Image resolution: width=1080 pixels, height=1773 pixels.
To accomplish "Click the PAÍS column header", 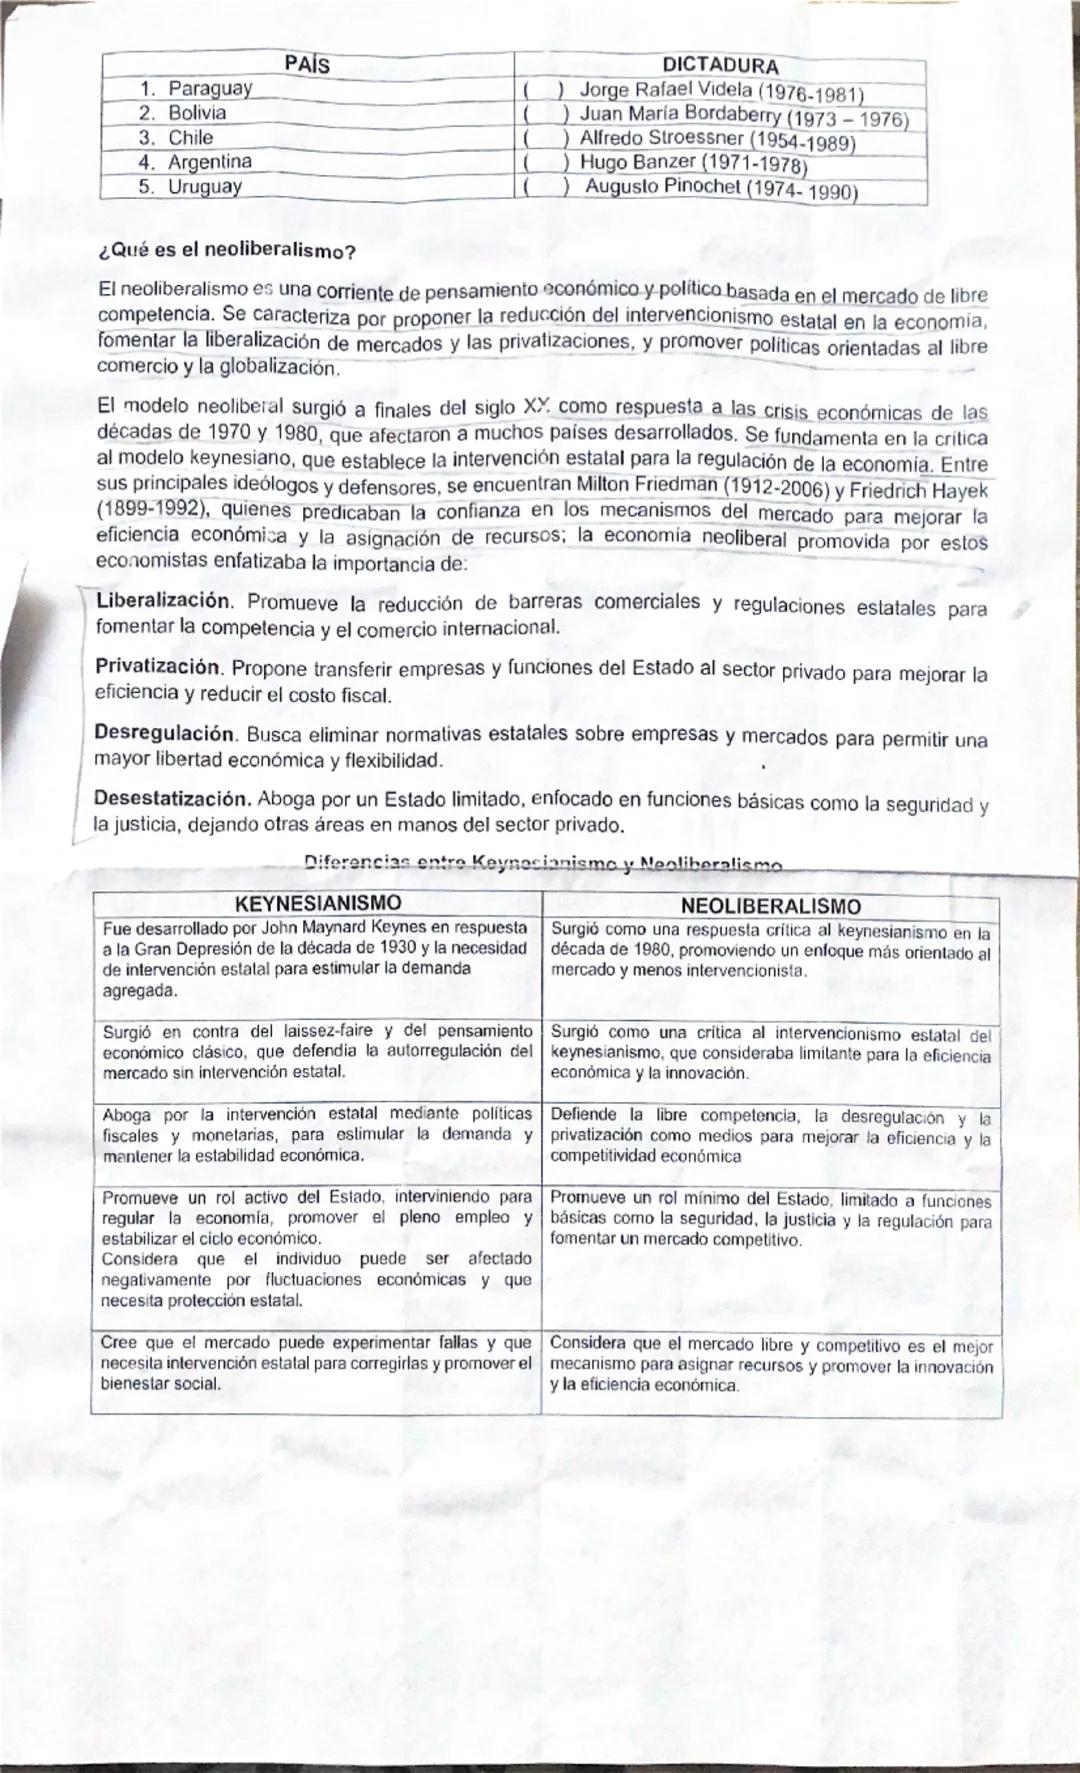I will [x=306, y=65].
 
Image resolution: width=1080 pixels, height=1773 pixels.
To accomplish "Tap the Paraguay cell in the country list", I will [x=209, y=88].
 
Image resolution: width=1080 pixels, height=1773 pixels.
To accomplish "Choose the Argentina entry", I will [x=209, y=161].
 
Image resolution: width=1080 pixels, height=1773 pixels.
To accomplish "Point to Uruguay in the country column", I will [x=204, y=186].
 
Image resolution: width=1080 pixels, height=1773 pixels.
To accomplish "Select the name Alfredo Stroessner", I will [x=662, y=138].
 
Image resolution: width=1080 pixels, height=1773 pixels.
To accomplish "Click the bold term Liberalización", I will [x=163, y=601].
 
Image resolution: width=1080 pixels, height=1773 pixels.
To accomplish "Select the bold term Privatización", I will [x=157, y=666].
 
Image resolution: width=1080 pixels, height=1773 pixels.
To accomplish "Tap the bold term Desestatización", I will [x=172, y=799].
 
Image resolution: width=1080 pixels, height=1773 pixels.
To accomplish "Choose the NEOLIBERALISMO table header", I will [x=770, y=906].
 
